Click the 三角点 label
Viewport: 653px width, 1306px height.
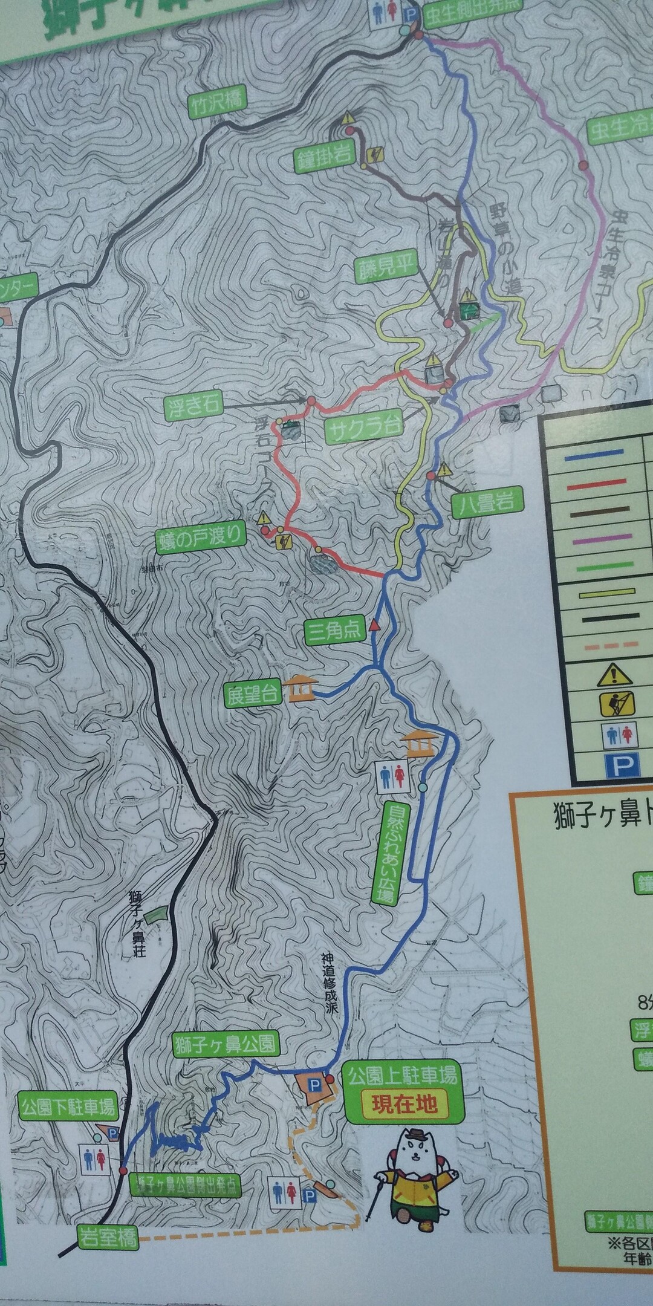[334, 631]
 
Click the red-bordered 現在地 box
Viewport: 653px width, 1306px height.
[404, 1104]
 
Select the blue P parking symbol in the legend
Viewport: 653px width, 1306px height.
[617, 767]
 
